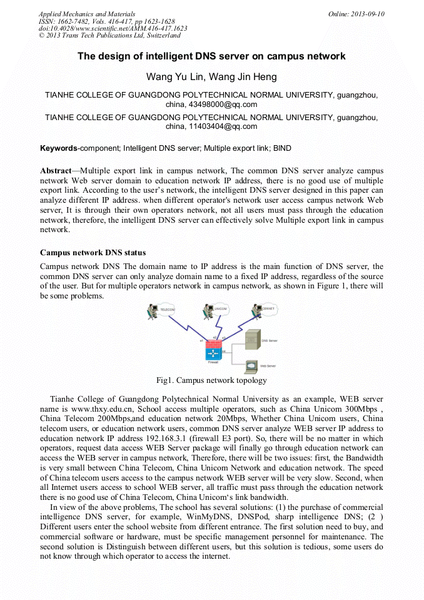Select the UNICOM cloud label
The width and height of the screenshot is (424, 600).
pos(220,308)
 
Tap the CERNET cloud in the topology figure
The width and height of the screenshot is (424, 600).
pos(268,308)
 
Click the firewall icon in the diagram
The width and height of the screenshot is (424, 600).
pos(212,352)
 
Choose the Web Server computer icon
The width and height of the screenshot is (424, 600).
pos(251,365)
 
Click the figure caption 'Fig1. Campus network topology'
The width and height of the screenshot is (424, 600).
pos(211,380)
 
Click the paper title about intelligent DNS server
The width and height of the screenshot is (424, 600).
pos(211,56)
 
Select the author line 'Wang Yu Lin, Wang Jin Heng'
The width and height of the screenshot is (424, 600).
pos(211,77)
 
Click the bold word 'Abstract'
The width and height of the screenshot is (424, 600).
pos(56,171)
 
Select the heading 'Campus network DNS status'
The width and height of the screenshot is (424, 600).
pos(93,253)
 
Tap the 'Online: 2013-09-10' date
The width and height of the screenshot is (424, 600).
pos(356,14)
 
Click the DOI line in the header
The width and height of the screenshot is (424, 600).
pos(113,29)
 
